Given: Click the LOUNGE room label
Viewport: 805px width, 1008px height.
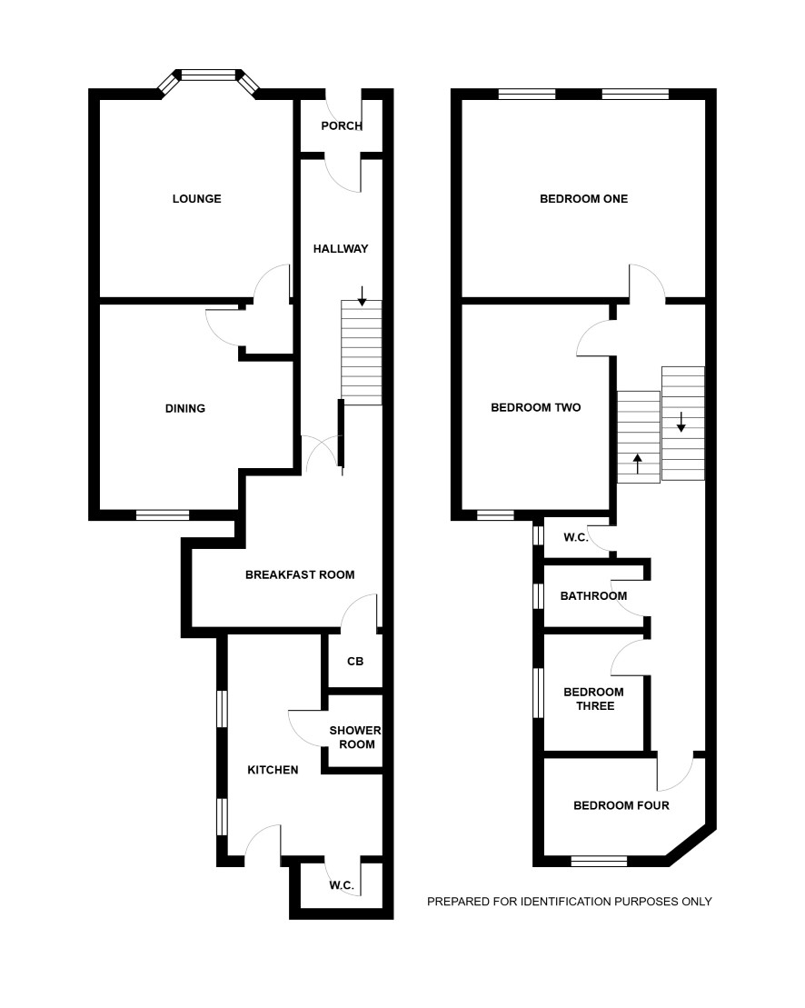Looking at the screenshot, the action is point(196,199).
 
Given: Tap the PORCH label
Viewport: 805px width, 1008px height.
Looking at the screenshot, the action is point(342,126).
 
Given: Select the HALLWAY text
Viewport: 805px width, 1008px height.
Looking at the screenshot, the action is point(341,249).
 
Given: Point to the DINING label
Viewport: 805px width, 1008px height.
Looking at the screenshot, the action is point(185,408).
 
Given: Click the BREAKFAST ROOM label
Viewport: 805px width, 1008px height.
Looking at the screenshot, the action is point(300,574).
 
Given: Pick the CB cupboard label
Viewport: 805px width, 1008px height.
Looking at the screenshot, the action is point(355,661).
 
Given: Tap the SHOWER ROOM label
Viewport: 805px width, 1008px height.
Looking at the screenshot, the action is point(356,737).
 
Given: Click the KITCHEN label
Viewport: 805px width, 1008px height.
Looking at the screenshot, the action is point(273,770).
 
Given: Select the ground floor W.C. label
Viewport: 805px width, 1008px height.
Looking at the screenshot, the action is point(342,885).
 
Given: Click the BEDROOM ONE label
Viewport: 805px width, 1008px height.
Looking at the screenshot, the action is point(584,199).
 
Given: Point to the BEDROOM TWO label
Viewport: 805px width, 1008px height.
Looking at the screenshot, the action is point(536,407).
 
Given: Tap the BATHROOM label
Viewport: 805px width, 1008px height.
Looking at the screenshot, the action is point(593,596).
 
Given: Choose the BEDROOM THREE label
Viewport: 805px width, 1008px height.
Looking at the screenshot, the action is point(593,699).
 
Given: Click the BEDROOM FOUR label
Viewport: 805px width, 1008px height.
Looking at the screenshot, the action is point(621,805).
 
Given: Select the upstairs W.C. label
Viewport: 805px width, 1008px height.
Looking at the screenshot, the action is point(576,537).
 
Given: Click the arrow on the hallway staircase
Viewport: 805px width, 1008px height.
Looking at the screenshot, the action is point(363,295).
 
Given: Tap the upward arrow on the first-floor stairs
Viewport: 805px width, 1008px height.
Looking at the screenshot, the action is point(638,464).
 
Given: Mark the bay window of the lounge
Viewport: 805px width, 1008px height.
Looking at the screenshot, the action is point(209,80).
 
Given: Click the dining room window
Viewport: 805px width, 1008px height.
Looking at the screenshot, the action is point(164,515).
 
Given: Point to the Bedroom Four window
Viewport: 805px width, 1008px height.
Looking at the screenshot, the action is point(599,862).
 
